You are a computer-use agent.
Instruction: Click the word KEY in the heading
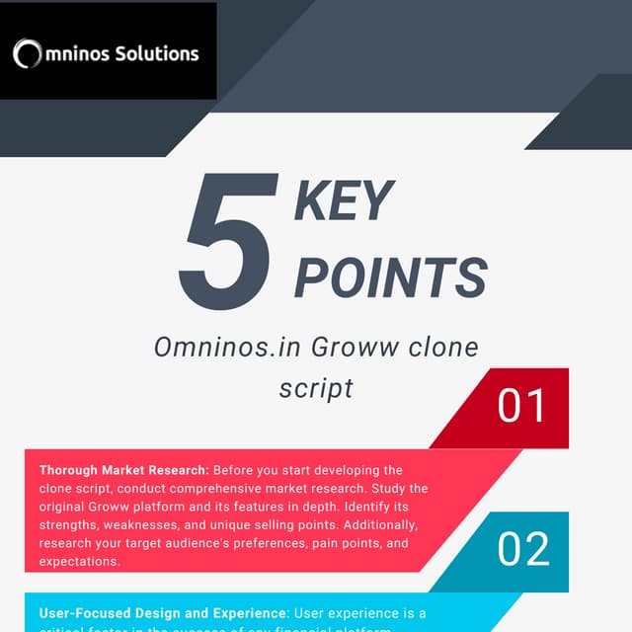[x=344, y=201]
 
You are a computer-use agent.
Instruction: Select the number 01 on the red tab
[x=522, y=406]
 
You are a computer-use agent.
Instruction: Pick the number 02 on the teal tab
[x=523, y=550]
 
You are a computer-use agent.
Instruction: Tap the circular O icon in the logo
[x=28, y=54]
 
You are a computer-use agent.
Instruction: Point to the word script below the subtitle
[x=316, y=387]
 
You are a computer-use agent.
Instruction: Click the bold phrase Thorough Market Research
[x=122, y=470]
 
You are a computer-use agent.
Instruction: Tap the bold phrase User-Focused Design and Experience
[x=163, y=613]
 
